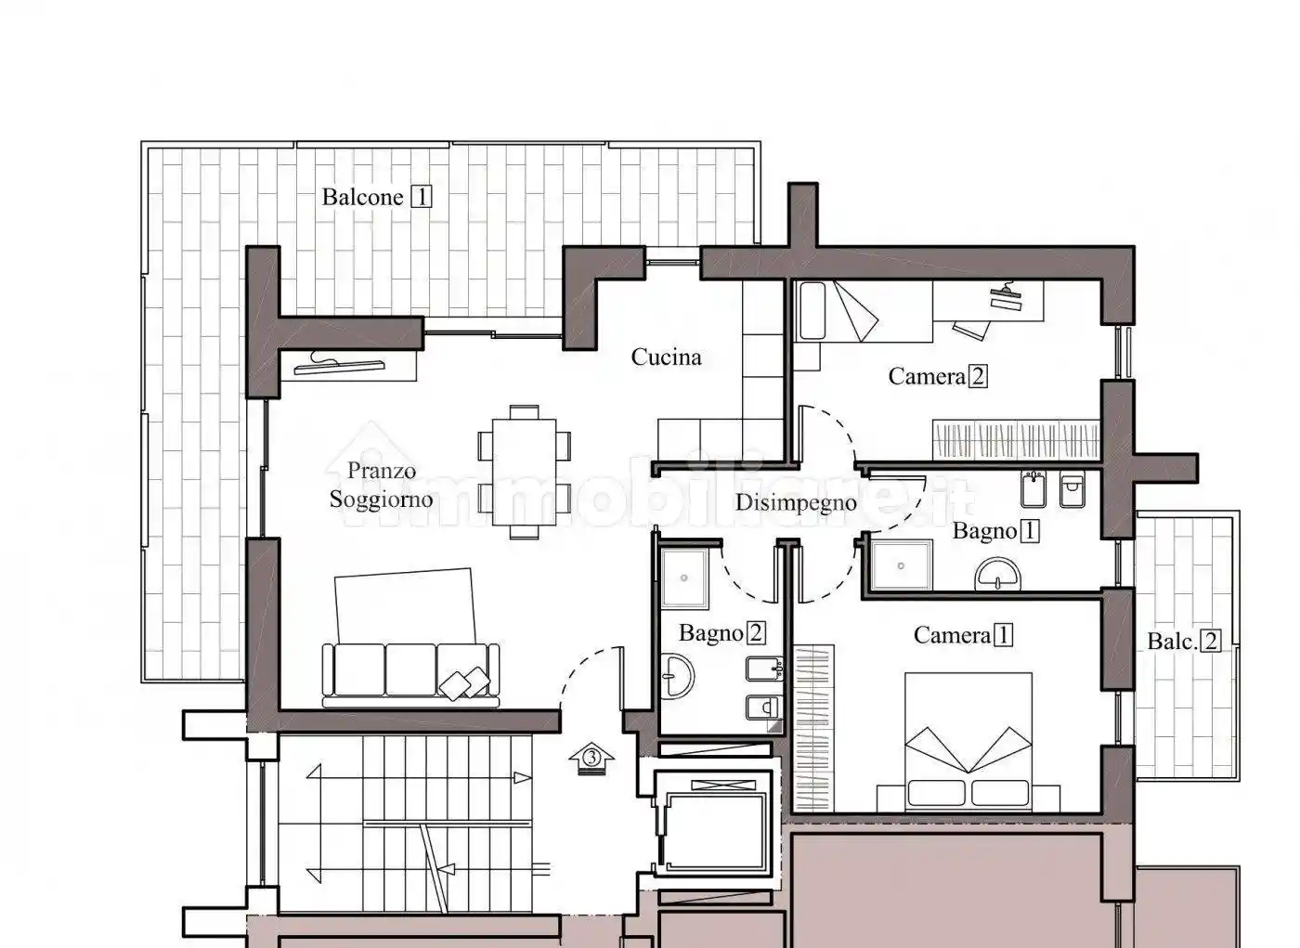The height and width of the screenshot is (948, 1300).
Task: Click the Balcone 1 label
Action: (377, 197)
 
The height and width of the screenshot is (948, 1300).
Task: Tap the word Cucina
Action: (667, 357)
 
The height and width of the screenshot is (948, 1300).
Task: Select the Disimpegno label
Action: (796, 503)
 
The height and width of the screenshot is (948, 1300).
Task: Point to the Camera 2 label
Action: (938, 377)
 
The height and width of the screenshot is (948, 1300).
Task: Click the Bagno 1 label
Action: (995, 531)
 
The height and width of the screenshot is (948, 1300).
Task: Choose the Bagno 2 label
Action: (722, 633)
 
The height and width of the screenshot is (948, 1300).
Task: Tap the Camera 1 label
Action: (964, 635)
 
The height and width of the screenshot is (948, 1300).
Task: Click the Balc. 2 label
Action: (1185, 641)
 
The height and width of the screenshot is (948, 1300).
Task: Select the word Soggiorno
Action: (382, 500)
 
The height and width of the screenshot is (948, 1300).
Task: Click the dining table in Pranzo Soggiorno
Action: (524, 473)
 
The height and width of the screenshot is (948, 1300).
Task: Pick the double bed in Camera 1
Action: (968, 742)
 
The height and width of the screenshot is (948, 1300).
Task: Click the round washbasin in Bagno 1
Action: (997, 574)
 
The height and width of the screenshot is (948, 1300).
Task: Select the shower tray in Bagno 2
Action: (684, 578)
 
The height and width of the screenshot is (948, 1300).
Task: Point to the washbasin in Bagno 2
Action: (677, 677)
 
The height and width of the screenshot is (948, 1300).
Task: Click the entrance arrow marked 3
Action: (591, 758)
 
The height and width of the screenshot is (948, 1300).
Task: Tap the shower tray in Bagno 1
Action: (901, 565)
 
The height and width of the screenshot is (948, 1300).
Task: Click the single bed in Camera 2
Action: (864, 312)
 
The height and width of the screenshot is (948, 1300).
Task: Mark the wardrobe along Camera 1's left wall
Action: (813, 728)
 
